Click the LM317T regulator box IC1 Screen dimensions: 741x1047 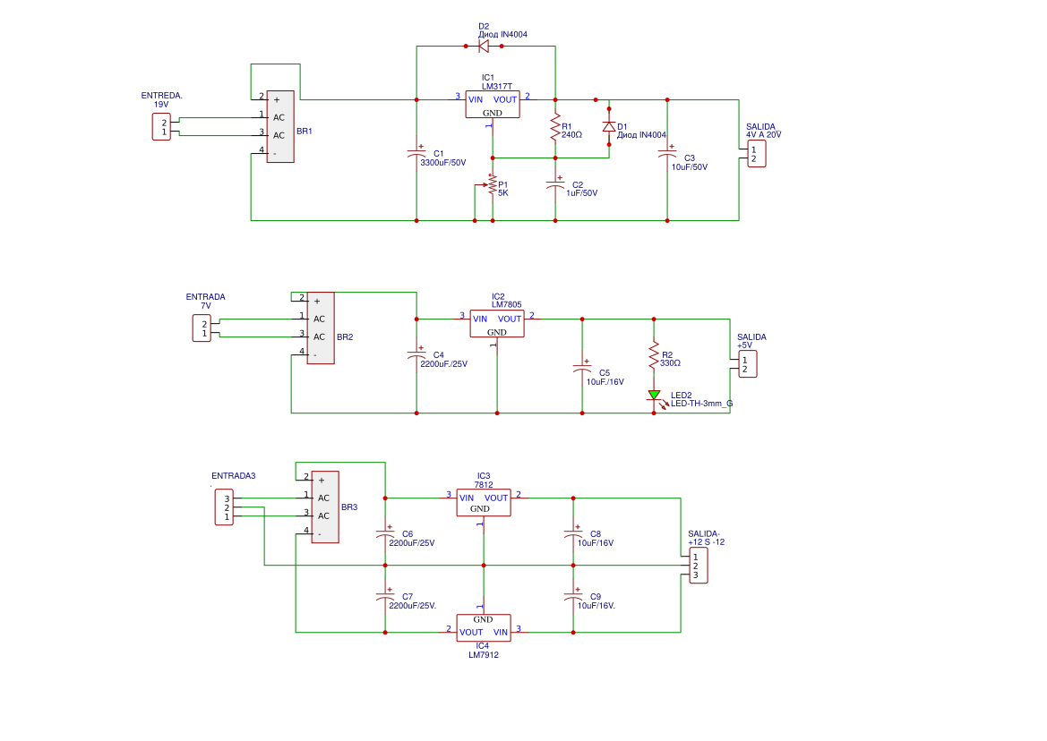pos(492,105)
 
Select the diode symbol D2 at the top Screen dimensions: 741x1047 pos(484,46)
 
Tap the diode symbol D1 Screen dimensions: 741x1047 pos(609,127)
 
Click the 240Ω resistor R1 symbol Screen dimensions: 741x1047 pos(555,127)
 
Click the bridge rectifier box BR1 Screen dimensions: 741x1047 pos(279,126)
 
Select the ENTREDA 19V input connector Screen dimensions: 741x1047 pos(160,126)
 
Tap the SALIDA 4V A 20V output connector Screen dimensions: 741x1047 pos(757,154)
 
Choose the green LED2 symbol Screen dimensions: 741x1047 pos(654,395)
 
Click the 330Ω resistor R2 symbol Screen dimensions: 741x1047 pos(654,356)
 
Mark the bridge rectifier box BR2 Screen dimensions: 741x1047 pos(320,328)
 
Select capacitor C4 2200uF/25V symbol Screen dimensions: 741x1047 pos(416,356)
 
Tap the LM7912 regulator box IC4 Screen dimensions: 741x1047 pos(483,626)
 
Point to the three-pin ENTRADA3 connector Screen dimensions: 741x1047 pos(224,507)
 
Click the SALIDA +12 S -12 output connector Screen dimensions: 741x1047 pos(699,566)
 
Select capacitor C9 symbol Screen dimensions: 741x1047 pos(573,597)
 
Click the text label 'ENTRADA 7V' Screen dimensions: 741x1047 pos(205,301)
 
